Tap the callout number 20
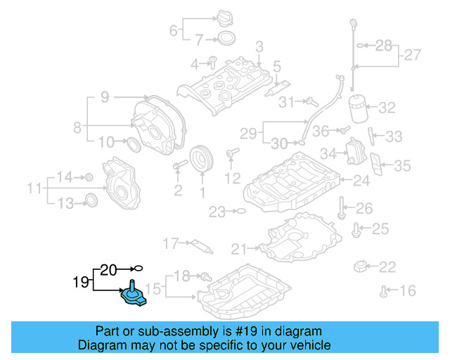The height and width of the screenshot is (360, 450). click(x=108, y=269)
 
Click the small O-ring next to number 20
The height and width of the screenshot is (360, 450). click(x=139, y=268)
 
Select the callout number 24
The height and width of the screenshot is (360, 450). click(x=361, y=181)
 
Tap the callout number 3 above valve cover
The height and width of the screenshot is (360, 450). click(x=259, y=46)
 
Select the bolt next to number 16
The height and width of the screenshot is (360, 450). click(x=384, y=290)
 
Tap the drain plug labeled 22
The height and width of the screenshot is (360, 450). click(x=362, y=266)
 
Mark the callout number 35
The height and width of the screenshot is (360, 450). click(x=402, y=165)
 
